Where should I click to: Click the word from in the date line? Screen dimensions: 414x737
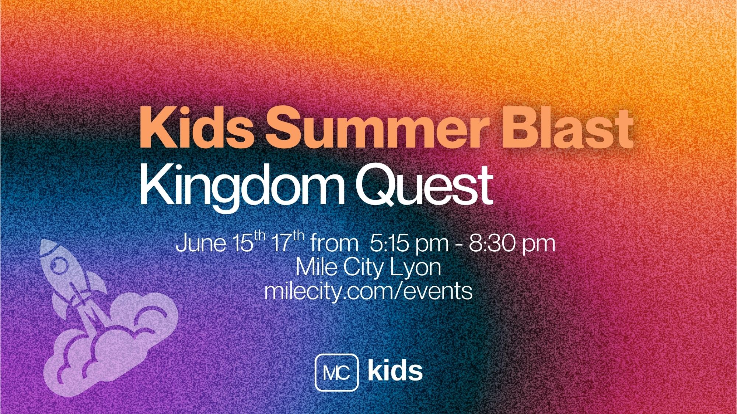coord(334,244)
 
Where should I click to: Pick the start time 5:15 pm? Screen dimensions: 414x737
coord(409,244)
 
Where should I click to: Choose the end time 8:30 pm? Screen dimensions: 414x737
coord(511,244)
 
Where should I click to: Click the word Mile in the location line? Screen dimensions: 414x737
coord(317,268)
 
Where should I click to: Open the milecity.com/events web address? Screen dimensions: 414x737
coord(368,291)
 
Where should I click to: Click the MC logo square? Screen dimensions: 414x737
coord(336,372)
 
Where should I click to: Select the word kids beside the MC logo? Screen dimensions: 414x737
coord(395,371)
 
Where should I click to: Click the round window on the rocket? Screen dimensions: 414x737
coord(57,266)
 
